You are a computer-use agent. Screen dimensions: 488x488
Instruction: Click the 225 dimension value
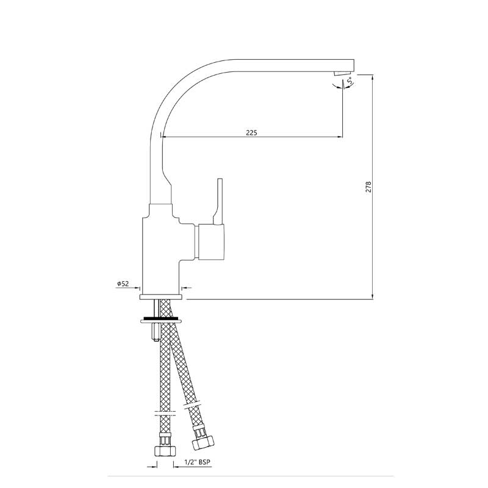tap(251, 132)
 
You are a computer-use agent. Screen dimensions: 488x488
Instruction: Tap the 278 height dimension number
tap(367, 187)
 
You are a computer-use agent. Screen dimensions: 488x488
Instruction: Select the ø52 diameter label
tap(122, 284)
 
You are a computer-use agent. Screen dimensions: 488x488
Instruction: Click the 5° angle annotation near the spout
tap(350, 81)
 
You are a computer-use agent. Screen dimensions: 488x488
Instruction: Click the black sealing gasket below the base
tap(162, 318)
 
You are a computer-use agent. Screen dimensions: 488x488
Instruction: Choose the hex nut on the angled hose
tap(201, 436)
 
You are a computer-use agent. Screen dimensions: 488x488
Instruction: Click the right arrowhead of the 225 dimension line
tap(339, 137)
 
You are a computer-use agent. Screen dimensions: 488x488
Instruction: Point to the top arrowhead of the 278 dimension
tap(373, 77)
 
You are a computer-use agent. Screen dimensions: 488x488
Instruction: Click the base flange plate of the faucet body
tap(162, 297)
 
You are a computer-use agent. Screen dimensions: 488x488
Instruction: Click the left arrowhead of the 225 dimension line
tap(165, 137)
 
